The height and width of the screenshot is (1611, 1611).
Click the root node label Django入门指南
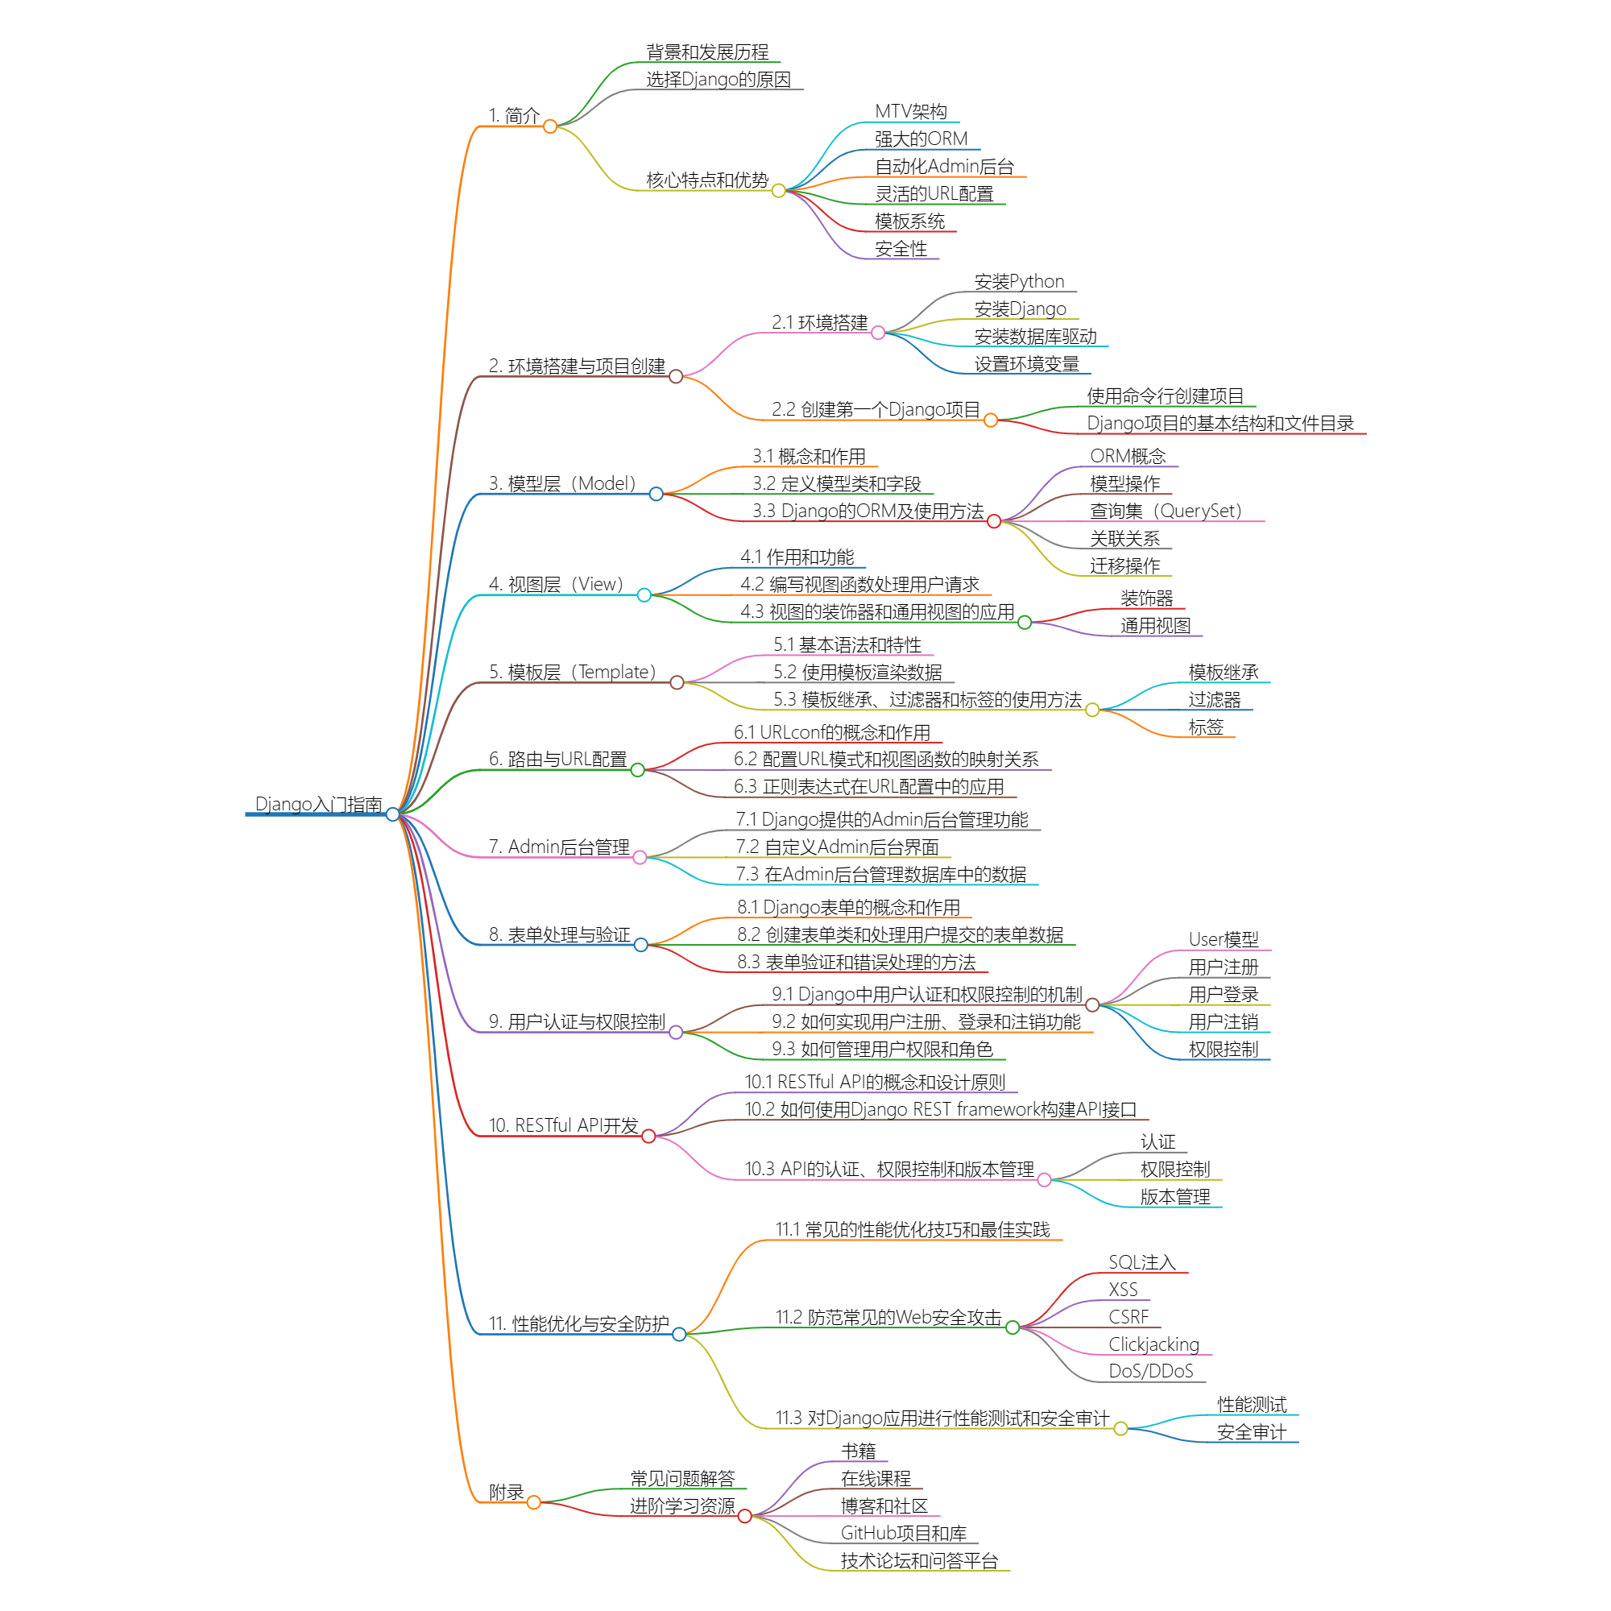tap(317, 804)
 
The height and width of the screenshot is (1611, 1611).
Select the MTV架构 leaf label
tap(910, 112)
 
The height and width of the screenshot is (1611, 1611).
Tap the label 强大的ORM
tap(921, 139)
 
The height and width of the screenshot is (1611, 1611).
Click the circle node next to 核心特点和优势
tap(779, 191)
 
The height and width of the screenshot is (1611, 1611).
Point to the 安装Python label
tap(1019, 282)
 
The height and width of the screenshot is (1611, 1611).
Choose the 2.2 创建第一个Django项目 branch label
tap(876, 409)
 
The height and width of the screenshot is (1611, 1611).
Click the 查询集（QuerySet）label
tap(1166, 511)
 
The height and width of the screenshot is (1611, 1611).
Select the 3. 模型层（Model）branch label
tap(562, 483)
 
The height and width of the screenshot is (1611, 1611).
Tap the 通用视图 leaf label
tap(1155, 626)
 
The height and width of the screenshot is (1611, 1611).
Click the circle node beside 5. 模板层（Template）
tap(677, 683)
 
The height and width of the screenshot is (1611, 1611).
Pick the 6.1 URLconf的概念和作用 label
tap(831, 732)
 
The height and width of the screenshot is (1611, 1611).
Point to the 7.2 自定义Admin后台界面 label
tap(837, 847)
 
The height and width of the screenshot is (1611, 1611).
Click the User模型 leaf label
tap(1224, 940)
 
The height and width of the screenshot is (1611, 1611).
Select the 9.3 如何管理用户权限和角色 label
tap(882, 1049)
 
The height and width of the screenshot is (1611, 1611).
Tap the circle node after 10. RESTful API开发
tap(648, 1137)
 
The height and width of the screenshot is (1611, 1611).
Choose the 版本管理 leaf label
tap(1175, 1198)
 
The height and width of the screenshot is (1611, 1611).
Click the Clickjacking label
tap(1153, 1344)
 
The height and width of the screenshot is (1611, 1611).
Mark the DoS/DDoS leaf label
tap(1151, 1372)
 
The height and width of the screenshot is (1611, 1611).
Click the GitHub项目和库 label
tap(903, 1534)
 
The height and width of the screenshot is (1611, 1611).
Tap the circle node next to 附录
tap(534, 1502)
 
